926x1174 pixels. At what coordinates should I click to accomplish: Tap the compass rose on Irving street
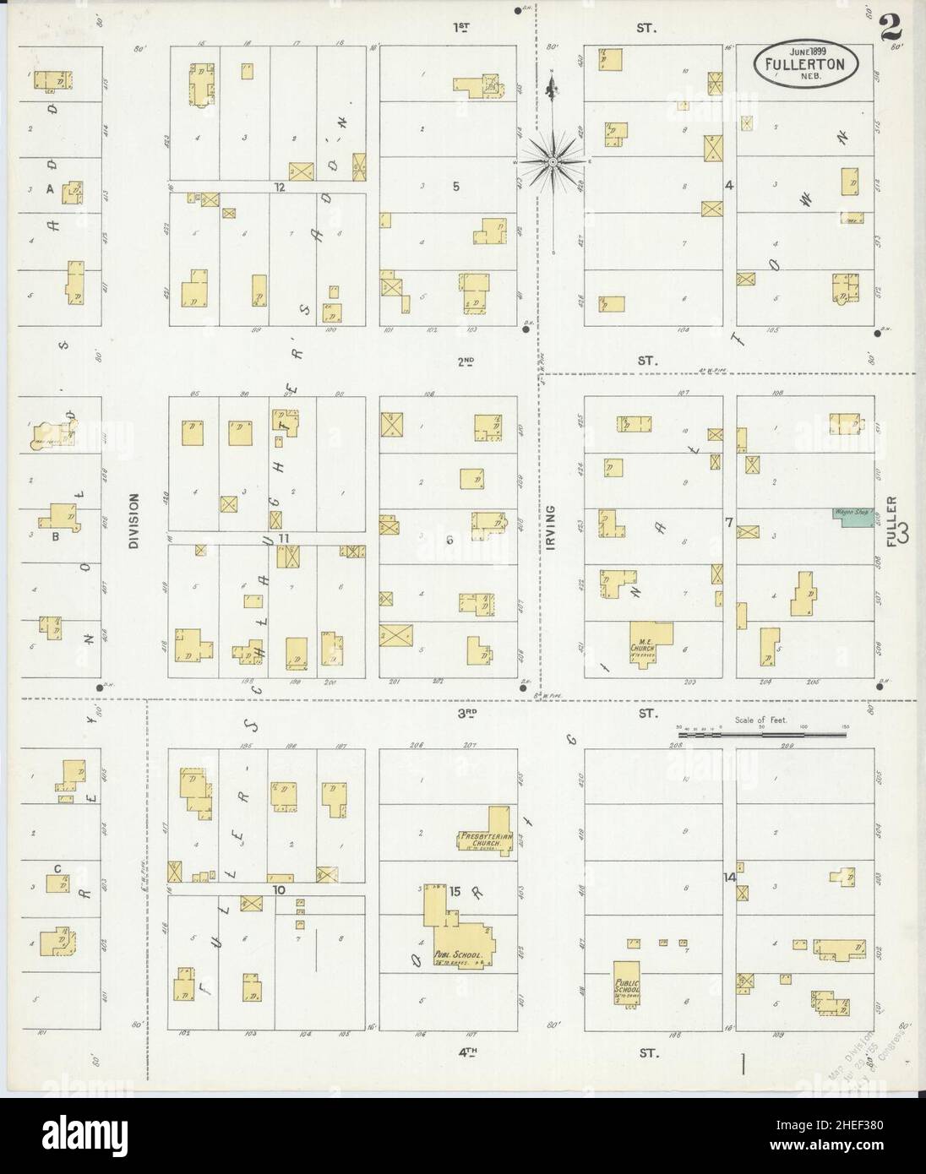(x=552, y=160)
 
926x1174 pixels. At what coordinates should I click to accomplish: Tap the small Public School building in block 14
(x=626, y=981)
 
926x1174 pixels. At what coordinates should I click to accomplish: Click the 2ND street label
(x=466, y=361)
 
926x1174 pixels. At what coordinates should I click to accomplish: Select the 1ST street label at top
(x=461, y=27)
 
